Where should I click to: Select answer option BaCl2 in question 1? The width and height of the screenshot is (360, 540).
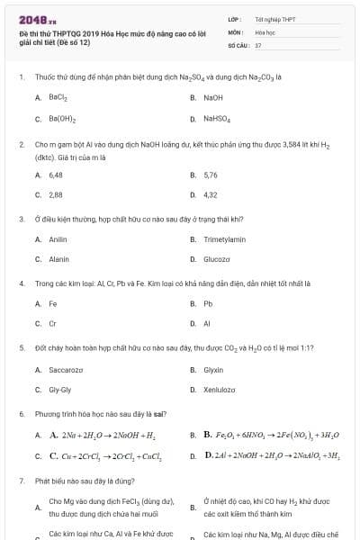(58, 97)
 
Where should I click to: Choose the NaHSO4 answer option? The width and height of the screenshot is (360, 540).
(217, 118)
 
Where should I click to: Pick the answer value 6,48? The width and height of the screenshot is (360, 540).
(56, 175)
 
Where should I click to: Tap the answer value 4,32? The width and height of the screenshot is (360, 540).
(211, 194)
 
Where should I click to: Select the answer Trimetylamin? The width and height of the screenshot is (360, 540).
(225, 239)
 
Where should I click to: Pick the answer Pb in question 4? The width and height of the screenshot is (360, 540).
(208, 303)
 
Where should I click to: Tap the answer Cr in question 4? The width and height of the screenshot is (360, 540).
(52, 323)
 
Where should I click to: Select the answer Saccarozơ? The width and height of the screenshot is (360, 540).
(66, 369)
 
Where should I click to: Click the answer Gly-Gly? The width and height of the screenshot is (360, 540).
(59, 389)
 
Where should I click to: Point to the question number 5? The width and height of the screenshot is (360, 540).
(21, 346)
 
